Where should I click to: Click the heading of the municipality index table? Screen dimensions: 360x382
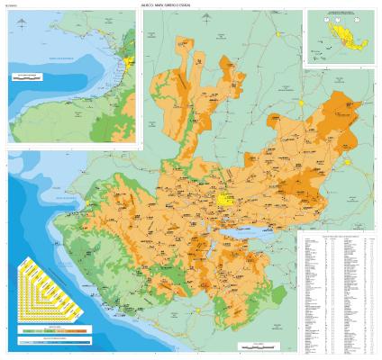(x=337, y=236)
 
